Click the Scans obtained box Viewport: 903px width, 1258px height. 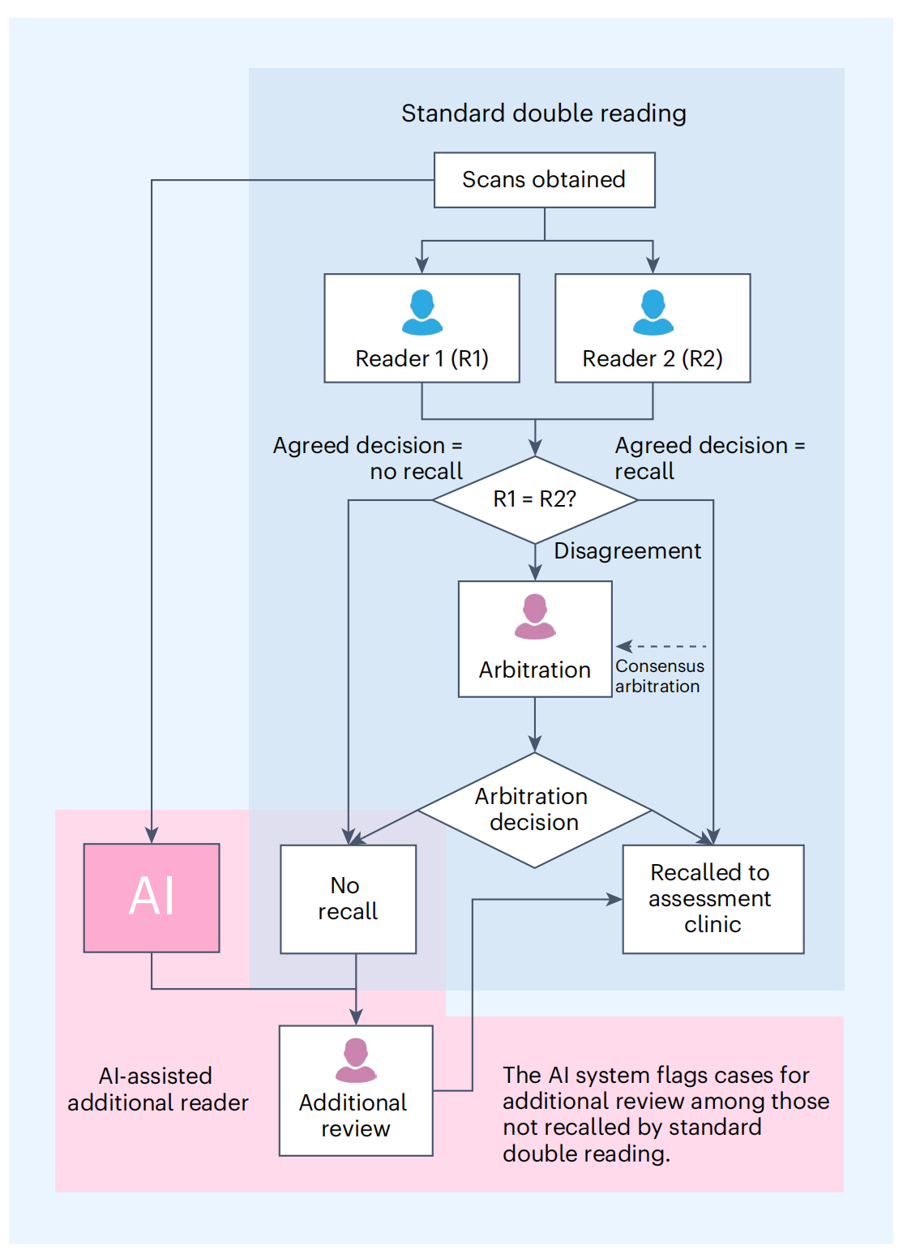click(544, 180)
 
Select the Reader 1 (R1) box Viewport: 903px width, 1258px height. click(422, 328)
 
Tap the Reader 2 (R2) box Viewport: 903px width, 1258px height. click(653, 328)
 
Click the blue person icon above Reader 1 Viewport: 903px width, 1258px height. click(422, 312)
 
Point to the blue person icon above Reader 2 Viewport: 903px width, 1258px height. click(653, 312)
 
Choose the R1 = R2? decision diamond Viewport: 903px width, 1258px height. click(535, 499)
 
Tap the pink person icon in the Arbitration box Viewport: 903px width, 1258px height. click(535, 617)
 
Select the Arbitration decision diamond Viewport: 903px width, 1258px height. click(534, 810)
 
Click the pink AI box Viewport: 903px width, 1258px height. click(152, 897)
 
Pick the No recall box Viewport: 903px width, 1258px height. click(348, 899)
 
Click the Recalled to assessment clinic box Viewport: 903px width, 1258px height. click(713, 899)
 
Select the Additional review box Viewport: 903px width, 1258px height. click(356, 1090)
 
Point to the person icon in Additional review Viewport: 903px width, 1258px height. click(356, 1060)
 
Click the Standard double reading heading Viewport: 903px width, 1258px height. click(544, 113)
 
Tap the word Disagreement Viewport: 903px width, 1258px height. click(627, 551)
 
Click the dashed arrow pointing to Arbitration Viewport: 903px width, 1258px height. click(661, 646)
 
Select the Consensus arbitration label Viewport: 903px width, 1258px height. click(659, 676)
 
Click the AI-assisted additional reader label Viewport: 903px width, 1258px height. click(157, 1089)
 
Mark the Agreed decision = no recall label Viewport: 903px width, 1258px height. click(369, 458)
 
